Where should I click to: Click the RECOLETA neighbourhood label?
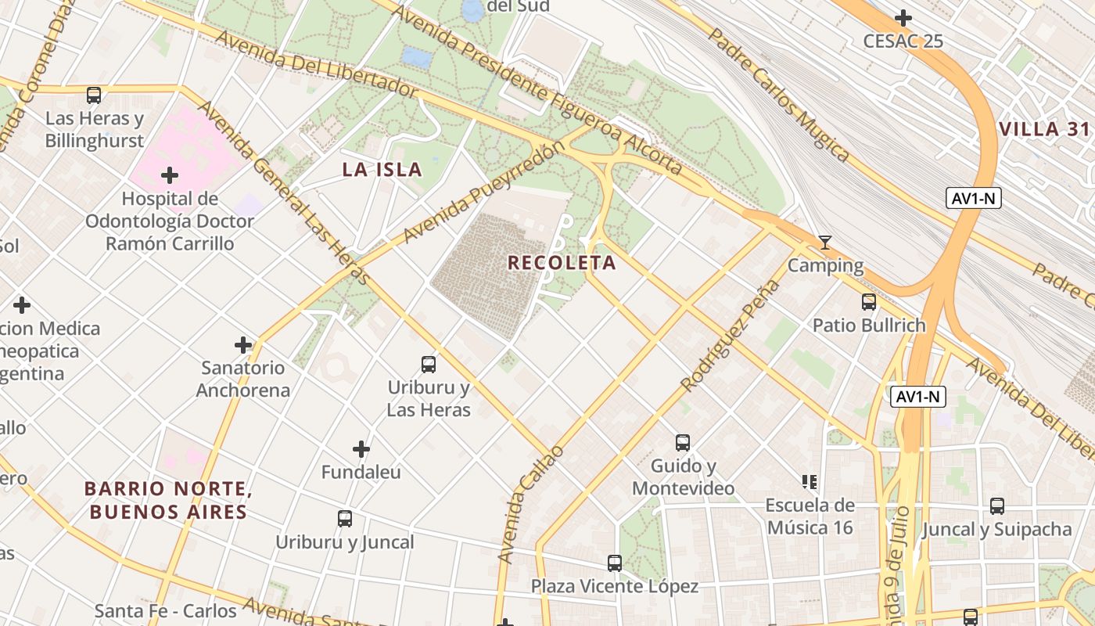pos(562,262)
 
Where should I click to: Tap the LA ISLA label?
pos(382,169)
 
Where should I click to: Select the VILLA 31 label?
pos(1044,129)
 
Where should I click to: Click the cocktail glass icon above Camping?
pos(824,243)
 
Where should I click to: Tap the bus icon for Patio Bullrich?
pos(868,302)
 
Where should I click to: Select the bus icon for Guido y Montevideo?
pos(683,443)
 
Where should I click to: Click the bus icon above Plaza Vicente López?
pos(615,563)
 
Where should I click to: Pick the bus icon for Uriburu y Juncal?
pos(344,518)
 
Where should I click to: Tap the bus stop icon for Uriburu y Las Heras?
pos(429,364)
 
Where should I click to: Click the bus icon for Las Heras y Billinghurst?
pos(94,95)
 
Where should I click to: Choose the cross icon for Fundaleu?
pos(361,449)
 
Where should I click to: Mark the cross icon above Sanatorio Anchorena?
pos(243,344)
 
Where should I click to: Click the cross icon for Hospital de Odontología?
pos(169,175)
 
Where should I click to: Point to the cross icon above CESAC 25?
pos(903,17)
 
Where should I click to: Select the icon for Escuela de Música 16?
pos(809,481)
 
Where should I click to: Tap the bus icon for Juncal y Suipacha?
pos(996,506)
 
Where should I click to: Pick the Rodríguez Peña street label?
pos(731,336)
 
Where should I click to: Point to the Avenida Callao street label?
pos(531,504)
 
